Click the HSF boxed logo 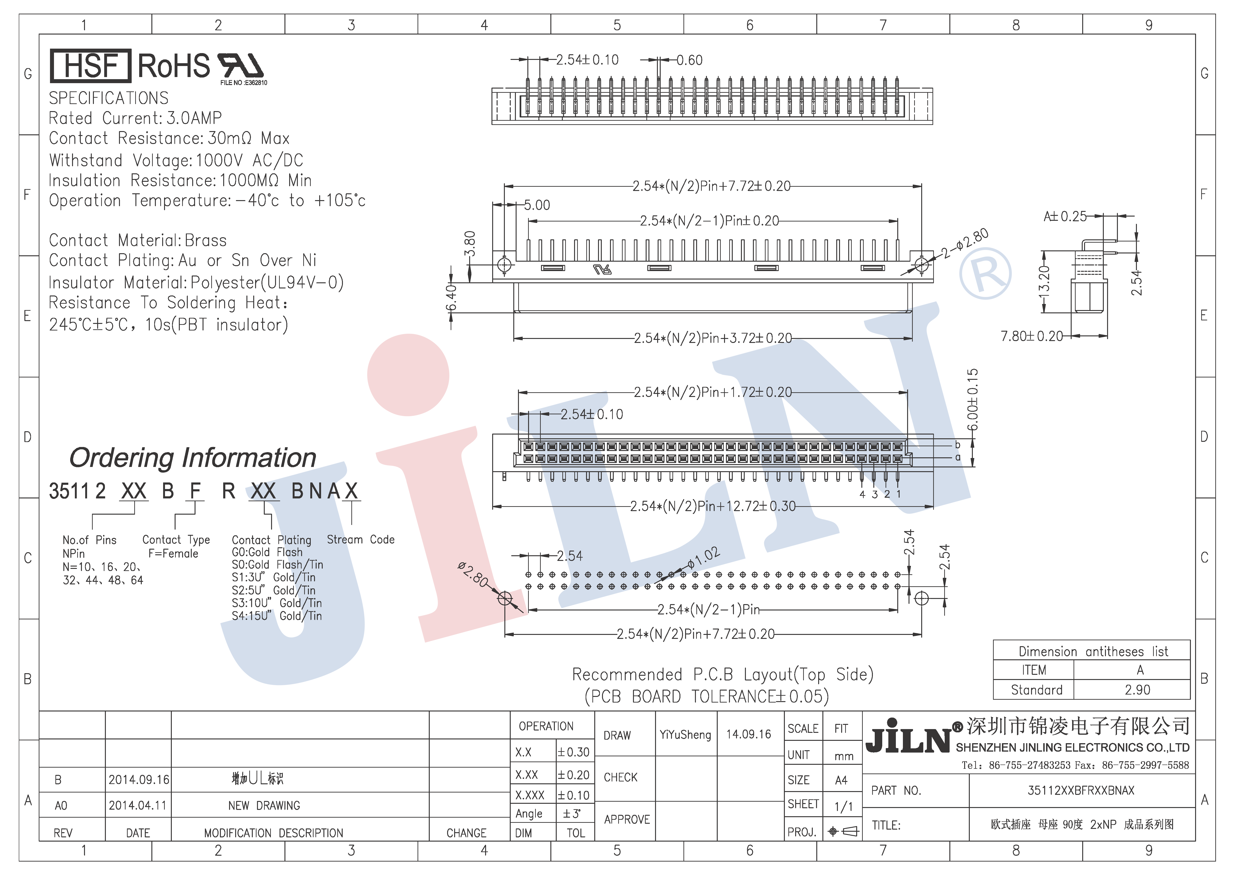pos(90,66)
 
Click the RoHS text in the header pos(174,66)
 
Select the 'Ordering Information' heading pos(192,458)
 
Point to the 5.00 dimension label pos(537,205)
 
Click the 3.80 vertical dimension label pos(470,244)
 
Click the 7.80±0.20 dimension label pos(1032,336)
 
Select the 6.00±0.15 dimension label pos(973,400)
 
